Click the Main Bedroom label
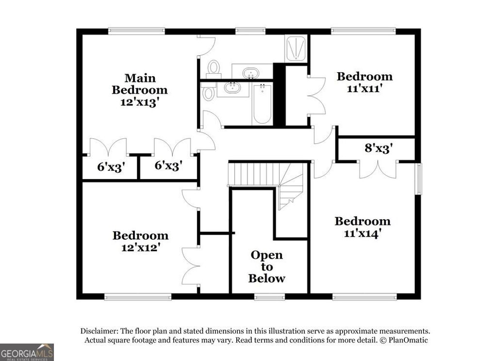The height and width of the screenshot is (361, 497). (140, 84)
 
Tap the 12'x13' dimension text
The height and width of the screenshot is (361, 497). (140, 102)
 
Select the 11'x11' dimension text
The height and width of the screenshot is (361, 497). (364, 89)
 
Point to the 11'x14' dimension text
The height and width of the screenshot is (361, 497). (362, 233)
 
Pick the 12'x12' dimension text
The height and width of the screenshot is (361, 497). (140, 247)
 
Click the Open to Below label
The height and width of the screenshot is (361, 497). (266, 266)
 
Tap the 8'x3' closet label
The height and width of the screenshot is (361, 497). (379, 148)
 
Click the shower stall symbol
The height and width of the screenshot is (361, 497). (296, 49)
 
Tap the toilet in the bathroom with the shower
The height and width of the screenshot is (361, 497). (214, 68)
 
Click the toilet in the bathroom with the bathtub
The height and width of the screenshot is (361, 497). (209, 92)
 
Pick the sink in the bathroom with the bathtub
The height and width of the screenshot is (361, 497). (232, 89)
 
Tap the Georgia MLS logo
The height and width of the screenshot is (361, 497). (27, 352)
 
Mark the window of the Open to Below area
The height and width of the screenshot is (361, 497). (269, 296)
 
